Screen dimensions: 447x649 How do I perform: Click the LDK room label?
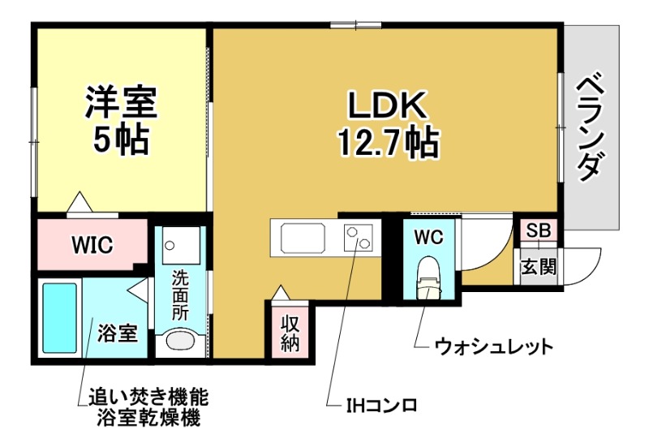388,105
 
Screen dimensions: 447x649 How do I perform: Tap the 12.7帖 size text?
388,144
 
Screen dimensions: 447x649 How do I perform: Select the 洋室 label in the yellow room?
122,101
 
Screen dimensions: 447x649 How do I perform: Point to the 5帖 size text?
122,140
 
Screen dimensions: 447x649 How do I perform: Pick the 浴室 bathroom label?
117,333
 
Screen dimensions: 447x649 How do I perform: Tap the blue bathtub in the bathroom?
58,318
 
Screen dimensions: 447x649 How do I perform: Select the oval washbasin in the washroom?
180,342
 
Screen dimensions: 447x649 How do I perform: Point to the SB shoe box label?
539,230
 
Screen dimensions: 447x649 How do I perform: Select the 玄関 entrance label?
538,266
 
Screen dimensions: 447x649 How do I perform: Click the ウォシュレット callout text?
494,347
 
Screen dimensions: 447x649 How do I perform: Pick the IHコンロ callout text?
380,403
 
